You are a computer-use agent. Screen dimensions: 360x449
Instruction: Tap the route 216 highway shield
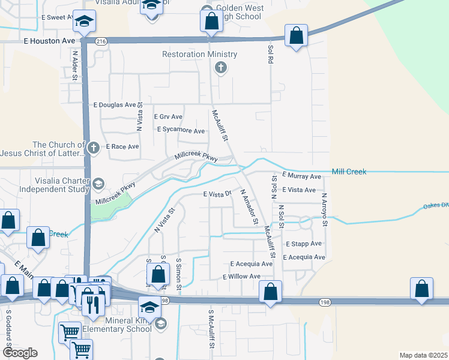100,41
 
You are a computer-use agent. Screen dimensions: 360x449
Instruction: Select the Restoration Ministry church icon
220,67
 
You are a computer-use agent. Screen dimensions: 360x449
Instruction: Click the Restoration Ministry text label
200,55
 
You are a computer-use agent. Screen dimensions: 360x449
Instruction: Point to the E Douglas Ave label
115,104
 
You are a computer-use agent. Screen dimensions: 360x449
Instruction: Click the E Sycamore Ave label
182,130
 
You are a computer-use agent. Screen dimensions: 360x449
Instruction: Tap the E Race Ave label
122,146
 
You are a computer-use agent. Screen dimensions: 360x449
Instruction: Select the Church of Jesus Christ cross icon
93,147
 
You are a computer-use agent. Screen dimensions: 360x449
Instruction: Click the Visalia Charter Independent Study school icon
98,183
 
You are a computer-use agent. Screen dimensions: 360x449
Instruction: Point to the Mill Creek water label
349,172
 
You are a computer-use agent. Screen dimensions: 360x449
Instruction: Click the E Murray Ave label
301,177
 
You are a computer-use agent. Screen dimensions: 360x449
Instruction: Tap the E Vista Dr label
217,194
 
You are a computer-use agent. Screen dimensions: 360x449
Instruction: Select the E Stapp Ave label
304,244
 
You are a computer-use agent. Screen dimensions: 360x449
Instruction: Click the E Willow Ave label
241,277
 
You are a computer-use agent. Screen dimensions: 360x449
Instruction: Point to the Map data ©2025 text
423,355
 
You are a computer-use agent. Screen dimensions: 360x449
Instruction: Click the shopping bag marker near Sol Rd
296,35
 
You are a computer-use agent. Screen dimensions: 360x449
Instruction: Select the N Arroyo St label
324,209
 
